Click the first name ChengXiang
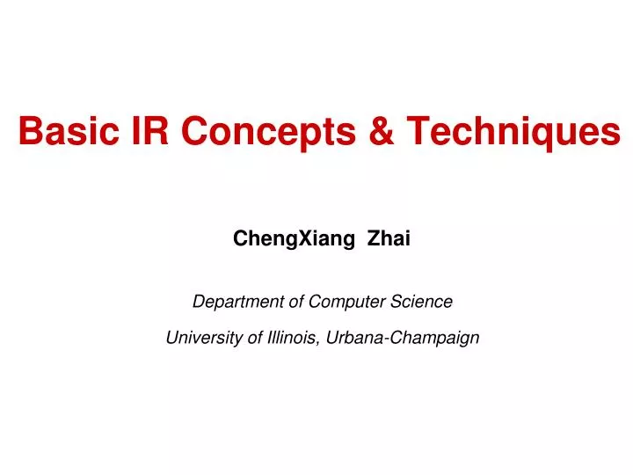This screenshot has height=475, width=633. point(286,238)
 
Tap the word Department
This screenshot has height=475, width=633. point(237,302)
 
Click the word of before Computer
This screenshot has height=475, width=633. point(297,302)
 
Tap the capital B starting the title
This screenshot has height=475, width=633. point(29,133)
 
